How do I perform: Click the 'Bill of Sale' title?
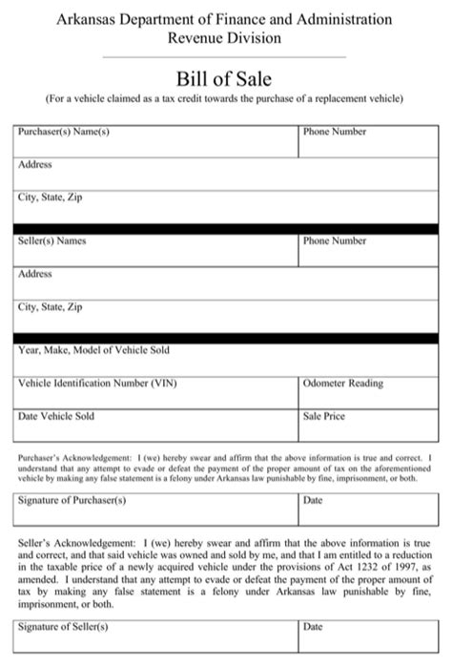point(224,77)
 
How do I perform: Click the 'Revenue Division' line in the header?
point(224,38)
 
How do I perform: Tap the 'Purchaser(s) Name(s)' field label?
point(64,131)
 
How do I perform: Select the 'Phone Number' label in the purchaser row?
point(334,131)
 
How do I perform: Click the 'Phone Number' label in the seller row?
point(334,240)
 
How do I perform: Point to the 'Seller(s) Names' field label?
point(52,240)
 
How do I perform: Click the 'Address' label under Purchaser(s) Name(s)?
point(34,164)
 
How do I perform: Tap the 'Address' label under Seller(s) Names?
point(34,274)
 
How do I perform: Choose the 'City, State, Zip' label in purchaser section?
point(51,198)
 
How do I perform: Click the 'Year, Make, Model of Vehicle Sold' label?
point(93,350)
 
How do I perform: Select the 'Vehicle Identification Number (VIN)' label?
point(97,384)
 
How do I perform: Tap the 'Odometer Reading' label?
point(342,384)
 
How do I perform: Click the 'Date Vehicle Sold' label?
point(56,416)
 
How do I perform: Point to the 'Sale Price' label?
point(323,416)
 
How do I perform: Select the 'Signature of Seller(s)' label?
point(63,627)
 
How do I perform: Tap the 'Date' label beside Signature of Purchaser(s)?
point(313,499)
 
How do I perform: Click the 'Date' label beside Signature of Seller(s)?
point(313,627)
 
